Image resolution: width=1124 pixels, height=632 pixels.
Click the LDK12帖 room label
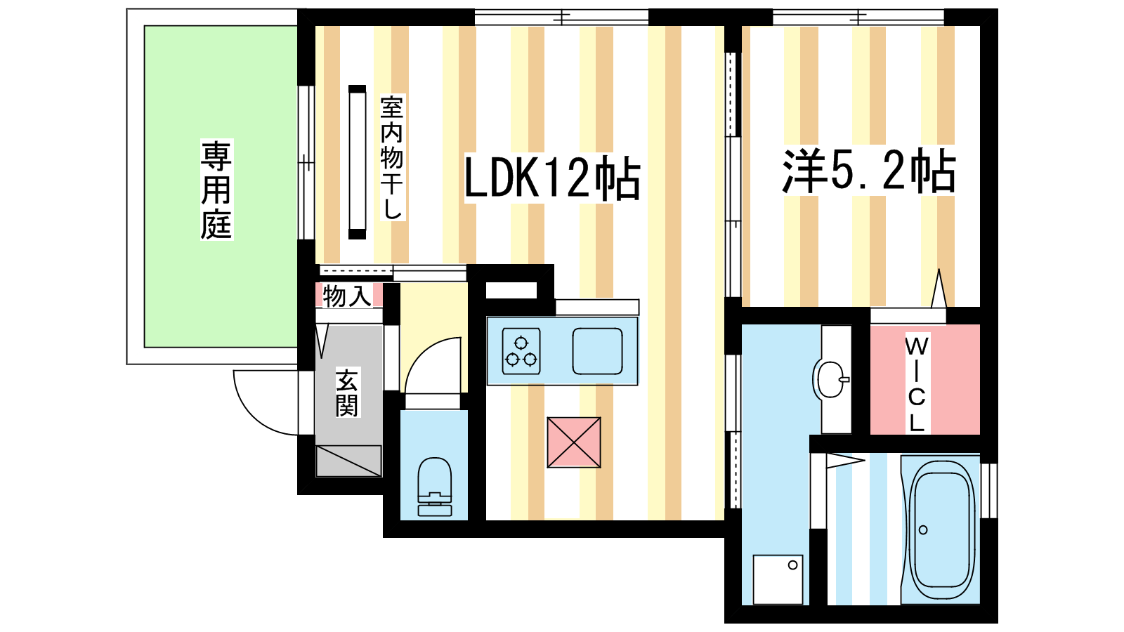point(552,178)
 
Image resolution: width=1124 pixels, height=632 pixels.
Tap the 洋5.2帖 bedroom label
point(868,171)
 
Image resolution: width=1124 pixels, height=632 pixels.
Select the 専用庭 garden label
point(216,190)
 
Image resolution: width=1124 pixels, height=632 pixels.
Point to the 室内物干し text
point(392,157)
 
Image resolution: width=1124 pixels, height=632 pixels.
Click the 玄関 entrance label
point(347,393)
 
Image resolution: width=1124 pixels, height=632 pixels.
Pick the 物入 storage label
point(347,296)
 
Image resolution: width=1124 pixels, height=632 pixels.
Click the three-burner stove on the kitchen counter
point(521,351)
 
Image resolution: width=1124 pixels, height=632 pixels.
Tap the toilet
point(435,487)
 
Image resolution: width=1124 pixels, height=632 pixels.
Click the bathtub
point(941,529)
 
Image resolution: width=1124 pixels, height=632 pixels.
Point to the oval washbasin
point(831,378)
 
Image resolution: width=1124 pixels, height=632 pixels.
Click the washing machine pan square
point(778,579)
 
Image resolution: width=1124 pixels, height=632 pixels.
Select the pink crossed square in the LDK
point(574,442)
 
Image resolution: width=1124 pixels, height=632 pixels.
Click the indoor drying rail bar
point(358,162)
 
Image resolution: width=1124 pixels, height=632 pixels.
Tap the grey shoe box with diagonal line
point(348,461)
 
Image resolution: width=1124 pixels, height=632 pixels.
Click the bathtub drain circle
point(923,529)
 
